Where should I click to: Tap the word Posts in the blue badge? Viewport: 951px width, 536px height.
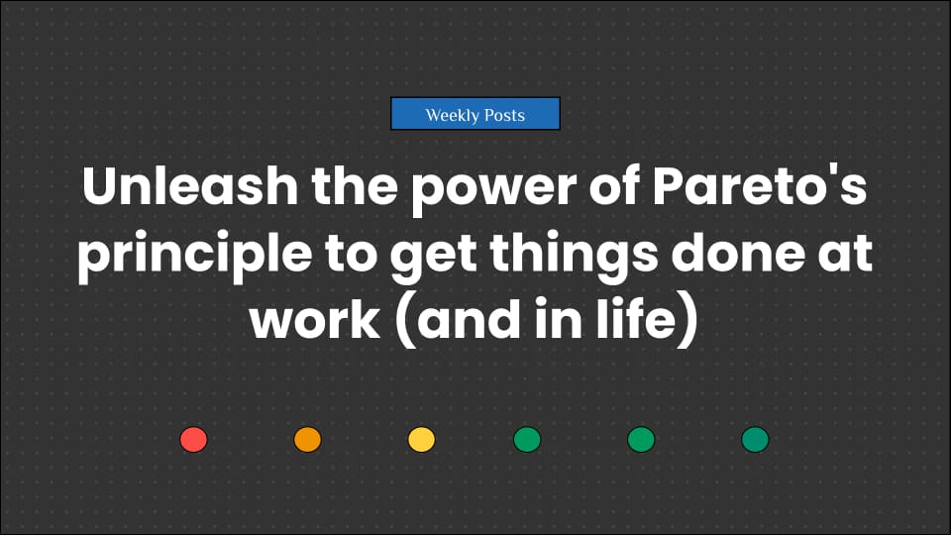(504, 115)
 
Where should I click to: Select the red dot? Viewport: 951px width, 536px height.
(193, 440)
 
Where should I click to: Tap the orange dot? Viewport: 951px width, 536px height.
(308, 440)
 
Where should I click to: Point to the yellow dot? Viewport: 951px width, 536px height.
(422, 440)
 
